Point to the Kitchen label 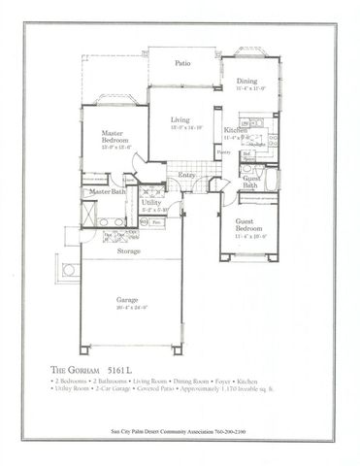click(236, 129)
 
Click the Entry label click(186, 175)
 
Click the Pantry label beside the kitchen click(223, 152)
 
